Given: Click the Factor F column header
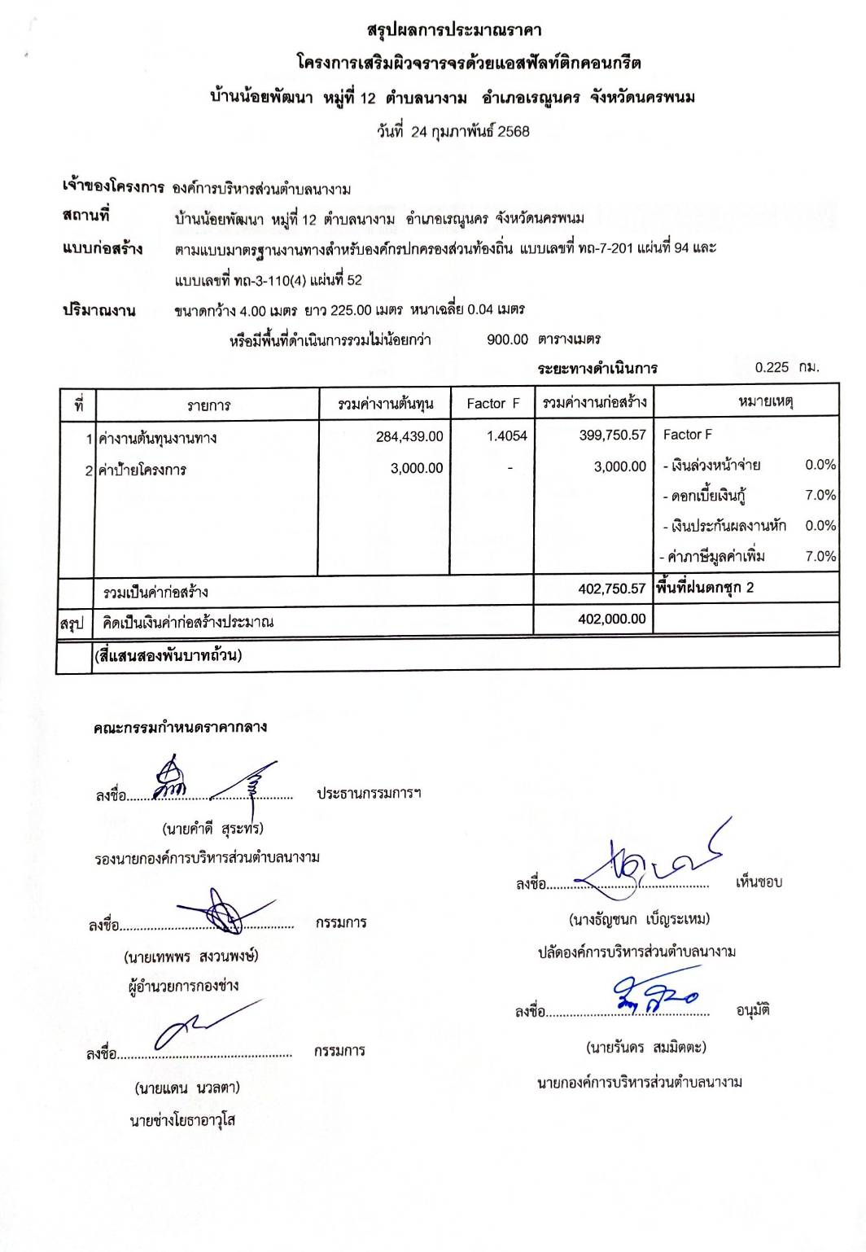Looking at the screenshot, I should [x=492, y=404].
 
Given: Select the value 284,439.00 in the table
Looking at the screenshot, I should [x=409, y=436].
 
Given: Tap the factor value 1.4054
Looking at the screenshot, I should [x=506, y=436].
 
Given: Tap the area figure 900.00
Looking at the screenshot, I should [x=507, y=339].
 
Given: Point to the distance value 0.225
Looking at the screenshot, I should [x=772, y=367].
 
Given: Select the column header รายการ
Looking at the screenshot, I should [x=208, y=405].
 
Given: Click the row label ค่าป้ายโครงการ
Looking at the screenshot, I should [x=142, y=470].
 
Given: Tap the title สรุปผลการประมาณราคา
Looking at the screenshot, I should [x=454, y=31].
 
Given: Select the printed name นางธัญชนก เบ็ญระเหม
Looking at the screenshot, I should [x=639, y=919].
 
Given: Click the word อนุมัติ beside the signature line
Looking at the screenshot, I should [x=753, y=1011].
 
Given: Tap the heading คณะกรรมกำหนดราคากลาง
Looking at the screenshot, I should [x=180, y=727].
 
